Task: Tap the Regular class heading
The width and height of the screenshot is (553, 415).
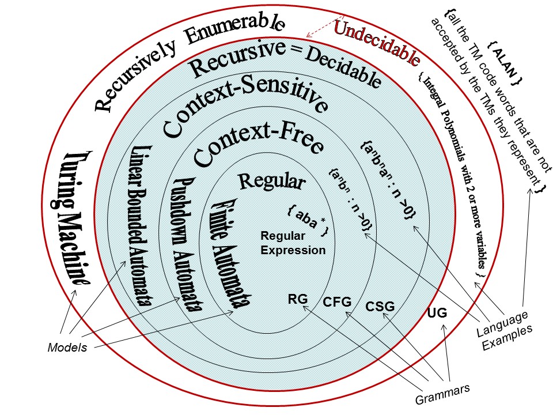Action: (271, 181)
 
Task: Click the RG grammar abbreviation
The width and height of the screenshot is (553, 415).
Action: (298, 299)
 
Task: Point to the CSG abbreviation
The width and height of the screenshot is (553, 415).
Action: (380, 306)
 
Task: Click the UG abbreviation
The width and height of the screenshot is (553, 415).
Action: (437, 314)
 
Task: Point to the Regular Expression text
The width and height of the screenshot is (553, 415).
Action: (293, 243)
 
